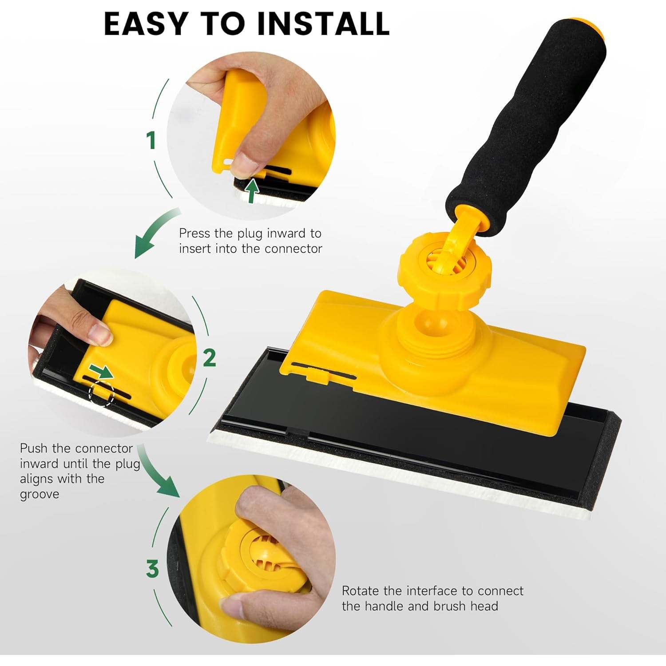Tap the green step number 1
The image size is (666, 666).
coord(151,140)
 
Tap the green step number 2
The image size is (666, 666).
coord(209,358)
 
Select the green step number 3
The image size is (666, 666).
coord(152,569)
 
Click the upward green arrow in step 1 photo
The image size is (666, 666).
coord(252,190)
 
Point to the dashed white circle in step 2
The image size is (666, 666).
coord(102,393)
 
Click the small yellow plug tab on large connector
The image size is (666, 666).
coord(318,378)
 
